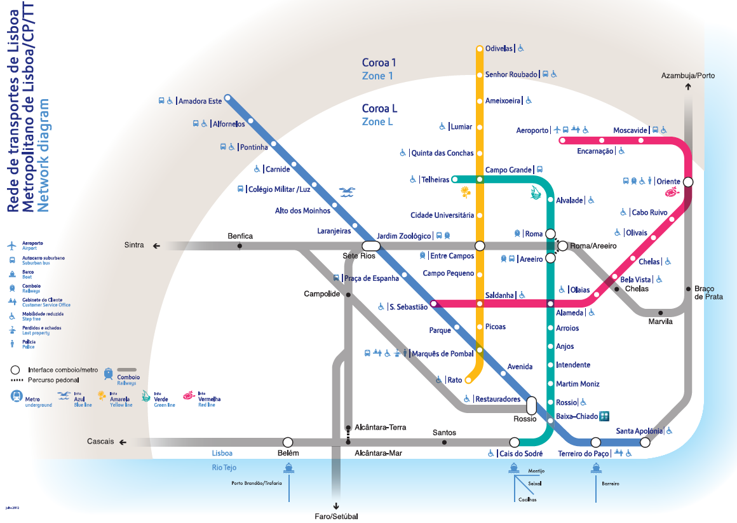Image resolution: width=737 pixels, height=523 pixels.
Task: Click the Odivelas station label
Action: point(498,48)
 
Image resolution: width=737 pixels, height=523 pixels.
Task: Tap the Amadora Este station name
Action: point(200,101)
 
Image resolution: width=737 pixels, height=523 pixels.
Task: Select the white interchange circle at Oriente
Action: point(688,182)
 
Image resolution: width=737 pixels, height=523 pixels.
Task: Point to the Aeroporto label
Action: point(532,130)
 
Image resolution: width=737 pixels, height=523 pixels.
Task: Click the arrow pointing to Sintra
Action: point(156,245)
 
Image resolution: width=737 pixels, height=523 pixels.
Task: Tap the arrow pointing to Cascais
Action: point(123,442)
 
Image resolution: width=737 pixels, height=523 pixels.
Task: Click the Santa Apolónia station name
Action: point(639,431)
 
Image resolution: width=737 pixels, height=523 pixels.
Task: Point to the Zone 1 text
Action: point(377,76)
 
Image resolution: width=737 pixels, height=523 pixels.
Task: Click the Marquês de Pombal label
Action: point(443,354)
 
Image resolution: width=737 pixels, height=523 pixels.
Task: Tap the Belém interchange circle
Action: point(288,442)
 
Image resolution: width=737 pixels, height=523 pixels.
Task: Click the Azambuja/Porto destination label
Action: point(687,76)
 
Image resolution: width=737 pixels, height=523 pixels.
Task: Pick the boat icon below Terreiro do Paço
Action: point(595,467)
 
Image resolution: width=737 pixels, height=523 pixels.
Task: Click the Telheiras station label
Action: point(435,180)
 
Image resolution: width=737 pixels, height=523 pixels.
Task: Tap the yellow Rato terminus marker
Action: point(468,381)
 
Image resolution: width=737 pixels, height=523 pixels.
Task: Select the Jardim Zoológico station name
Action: point(403,236)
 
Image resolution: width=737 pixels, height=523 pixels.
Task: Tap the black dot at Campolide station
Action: point(348,295)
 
